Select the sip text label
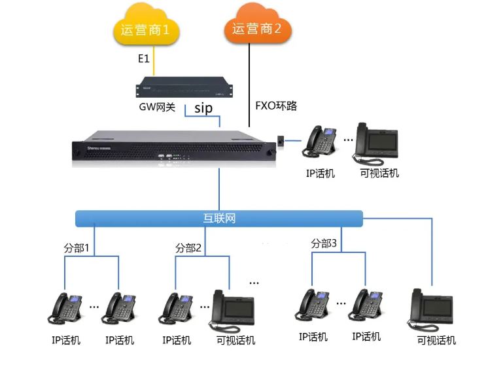(x=203, y=108)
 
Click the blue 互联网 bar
(x=218, y=218)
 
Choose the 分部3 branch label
(x=324, y=243)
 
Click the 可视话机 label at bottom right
(x=436, y=341)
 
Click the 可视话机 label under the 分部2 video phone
(x=235, y=341)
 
